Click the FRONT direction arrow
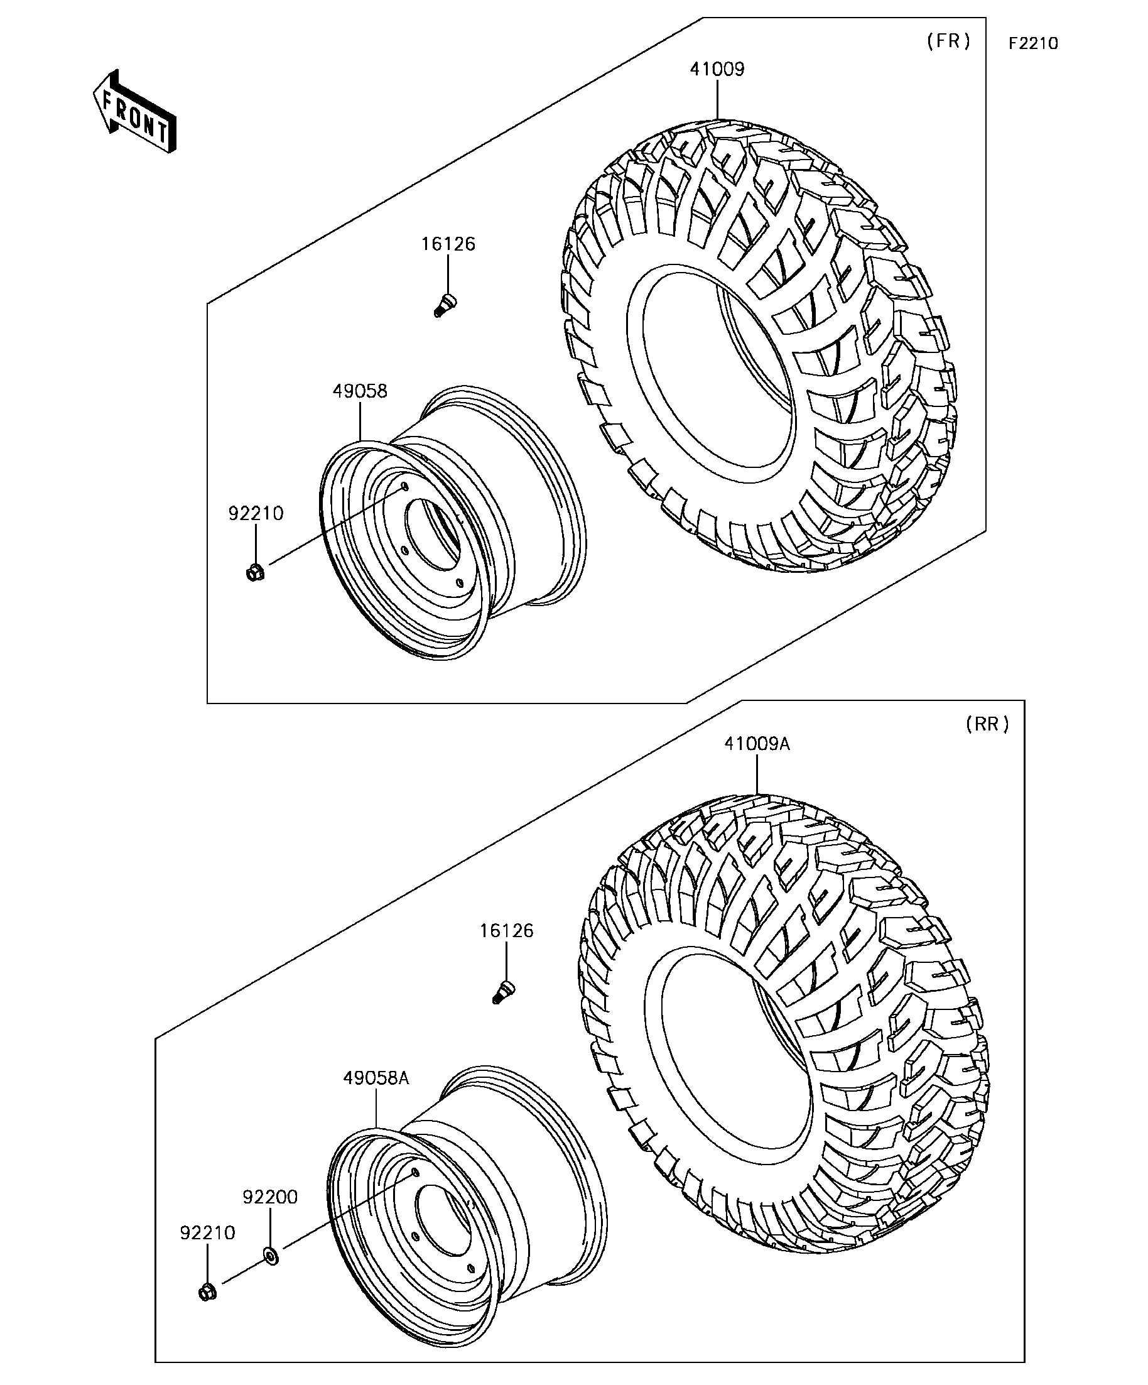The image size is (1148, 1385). (x=134, y=112)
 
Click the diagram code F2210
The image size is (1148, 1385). (x=1032, y=43)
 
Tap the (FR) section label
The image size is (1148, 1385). (x=948, y=41)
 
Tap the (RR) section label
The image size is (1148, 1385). (x=987, y=724)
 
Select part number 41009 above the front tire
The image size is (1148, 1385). (x=717, y=69)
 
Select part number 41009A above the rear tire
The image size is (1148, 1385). (x=756, y=744)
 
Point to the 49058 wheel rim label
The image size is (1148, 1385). (x=359, y=391)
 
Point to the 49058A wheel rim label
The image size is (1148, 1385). (x=376, y=1078)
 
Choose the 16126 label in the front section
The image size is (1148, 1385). (x=448, y=244)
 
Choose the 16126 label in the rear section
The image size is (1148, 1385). (x=506, y=931)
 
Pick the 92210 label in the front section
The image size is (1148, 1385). (x=256, y=513)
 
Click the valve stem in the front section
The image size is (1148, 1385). (x=446, y=306)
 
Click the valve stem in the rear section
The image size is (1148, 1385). (x=504, y=992)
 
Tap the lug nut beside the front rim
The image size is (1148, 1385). (x=255, y=572)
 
